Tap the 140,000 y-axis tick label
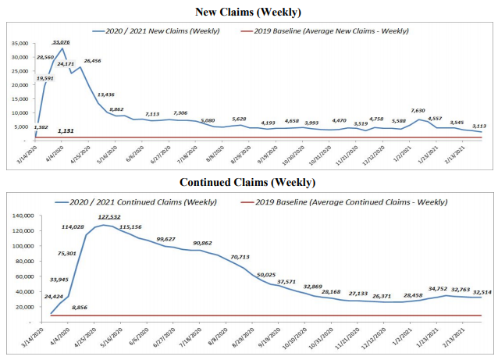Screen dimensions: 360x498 coord(20,215)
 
